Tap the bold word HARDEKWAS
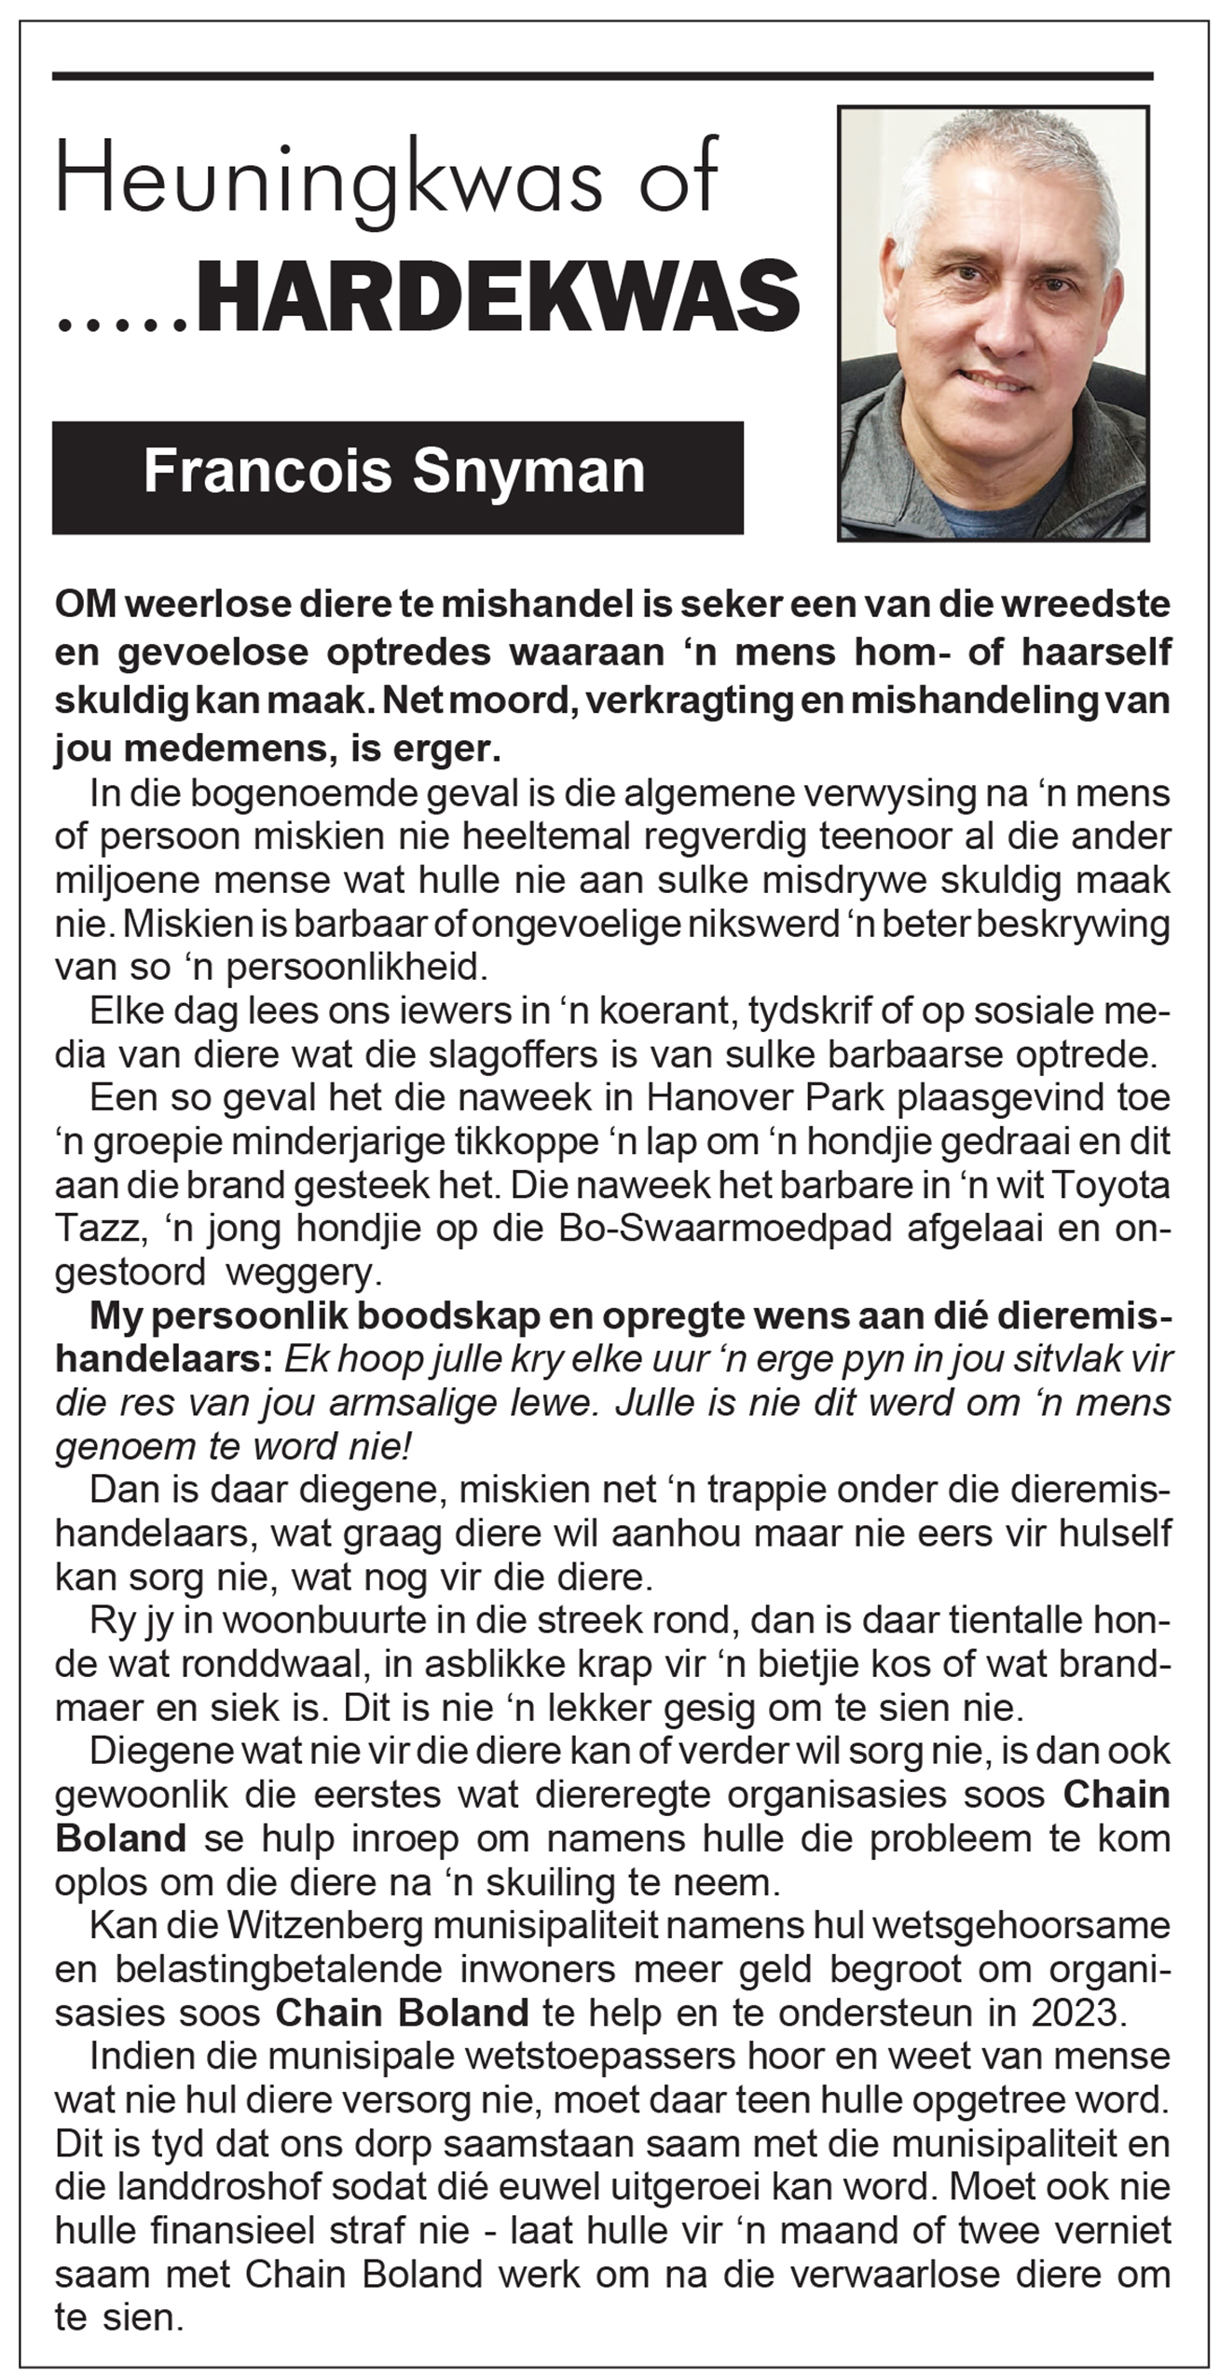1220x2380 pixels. pos(498,298)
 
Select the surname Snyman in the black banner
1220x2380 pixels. pos(528,472)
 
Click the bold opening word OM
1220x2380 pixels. pos(86,605)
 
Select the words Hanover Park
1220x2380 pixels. pos(764,1097)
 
